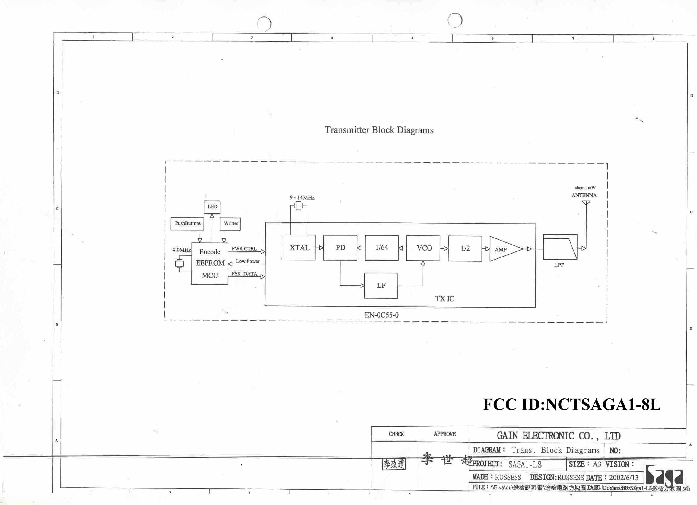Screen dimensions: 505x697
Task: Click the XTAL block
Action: pyautogui.click(x=298, y=248)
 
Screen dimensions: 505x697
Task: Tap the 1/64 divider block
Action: pyautogui.click(x=382, y=248)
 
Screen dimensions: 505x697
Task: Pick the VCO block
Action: pyautogui.click(x=423, y=248)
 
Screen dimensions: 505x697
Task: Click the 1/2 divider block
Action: pyautogui.click(x=465, y=248)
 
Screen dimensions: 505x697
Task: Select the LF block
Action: pyautogui.click(x=381, y=286)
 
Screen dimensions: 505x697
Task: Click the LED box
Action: pyautogui.click(x=212, y=207)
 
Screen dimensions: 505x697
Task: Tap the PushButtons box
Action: pyautogui.click(x=187, y=223)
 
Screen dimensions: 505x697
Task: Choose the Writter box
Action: pyautogui.click(x=231, y=224)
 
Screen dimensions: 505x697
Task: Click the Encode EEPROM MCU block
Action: pyautogui.click(x=210, y=264)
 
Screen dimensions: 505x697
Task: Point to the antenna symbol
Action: pyautogui.click(x=586, y=203)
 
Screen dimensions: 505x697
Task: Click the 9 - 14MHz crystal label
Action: pyautogui.click(x=302, y=198)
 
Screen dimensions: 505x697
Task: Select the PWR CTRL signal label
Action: pyautogui.click(x=244, y=248)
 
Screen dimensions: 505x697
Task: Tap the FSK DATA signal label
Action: pyautogui.click(x=244, y=274)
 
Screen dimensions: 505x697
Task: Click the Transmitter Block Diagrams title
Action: pyautogui.click(x=379, y=130)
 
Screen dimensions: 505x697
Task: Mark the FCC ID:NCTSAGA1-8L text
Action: pyautogui.click(x=571, y=404)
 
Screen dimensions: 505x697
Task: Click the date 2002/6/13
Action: pyautogui.click(x=624, y=477)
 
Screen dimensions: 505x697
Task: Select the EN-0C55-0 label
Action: pyautogui.click(x=381, y=315)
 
